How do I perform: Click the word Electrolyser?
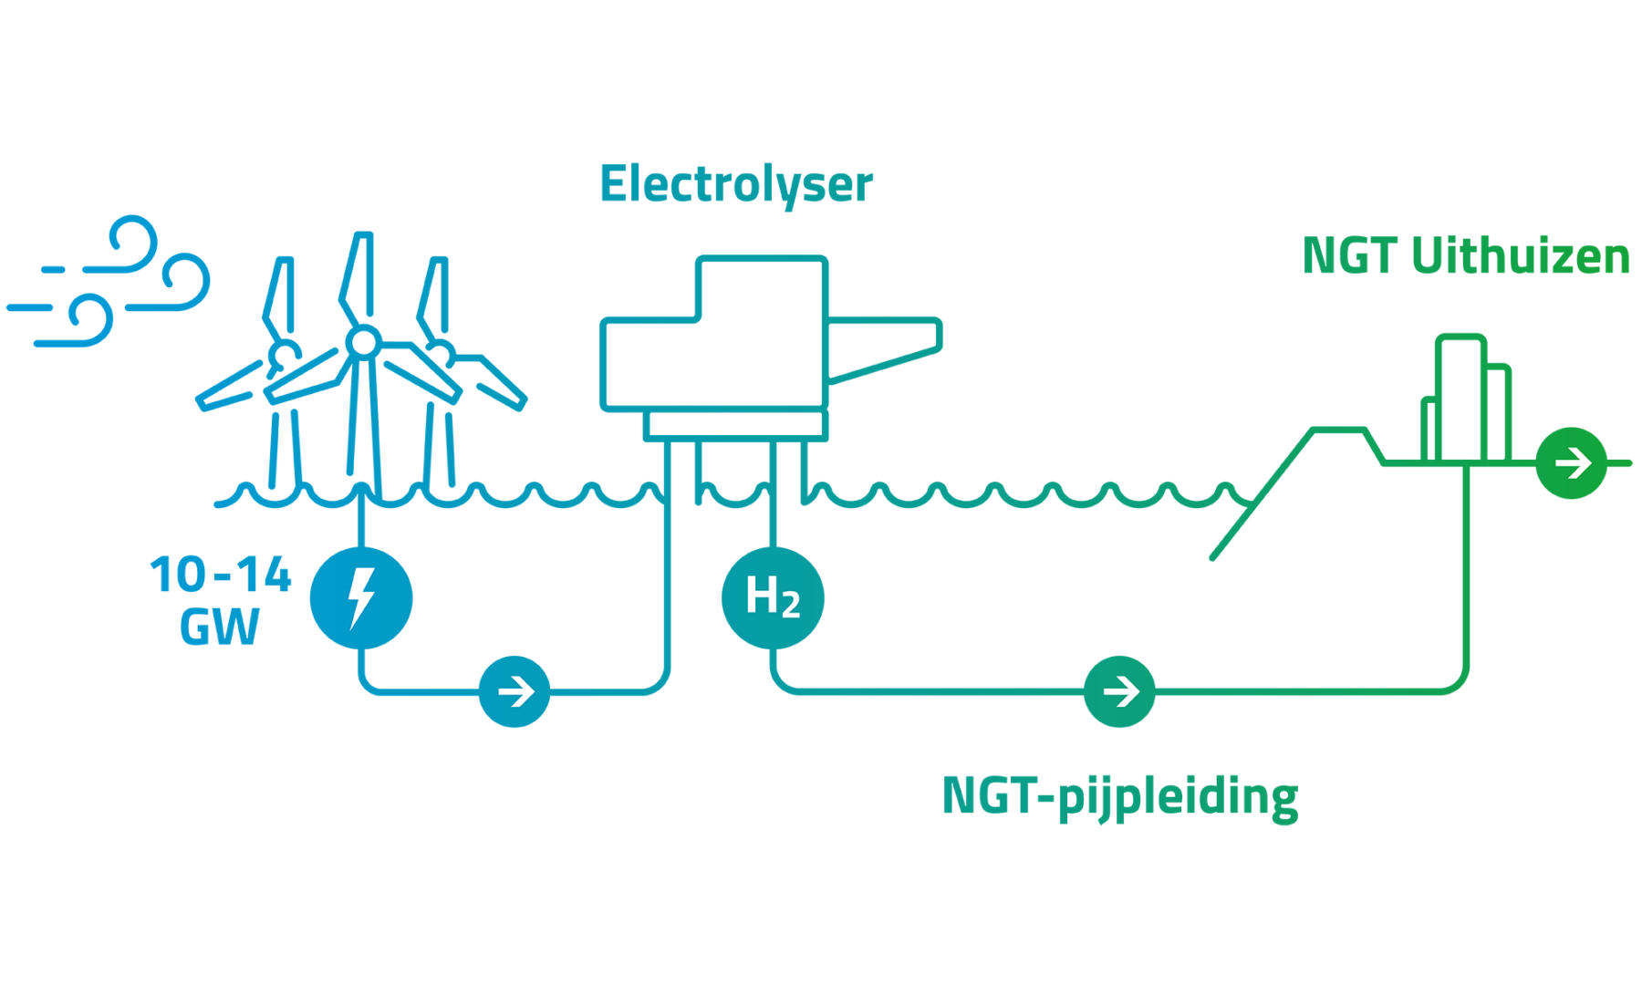click(x=735, y=185)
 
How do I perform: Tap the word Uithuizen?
click(x=1520, y=256)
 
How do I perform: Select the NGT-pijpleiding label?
click(x=1119, y=797)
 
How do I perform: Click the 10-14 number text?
click(x=221, y=575)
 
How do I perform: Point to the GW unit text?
click(x=219, y=627)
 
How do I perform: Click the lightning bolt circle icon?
click(x=361, y=598)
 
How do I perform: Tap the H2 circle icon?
click(x=773, y=598)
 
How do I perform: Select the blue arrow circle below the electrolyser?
click(x=515, y=691)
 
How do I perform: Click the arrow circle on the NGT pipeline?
click(x=1119, y=691)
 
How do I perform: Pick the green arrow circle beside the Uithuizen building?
click(x=1571, y=463)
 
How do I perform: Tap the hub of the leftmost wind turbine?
click(x=284, y=354)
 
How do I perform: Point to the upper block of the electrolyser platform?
click(x=762, y=287)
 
